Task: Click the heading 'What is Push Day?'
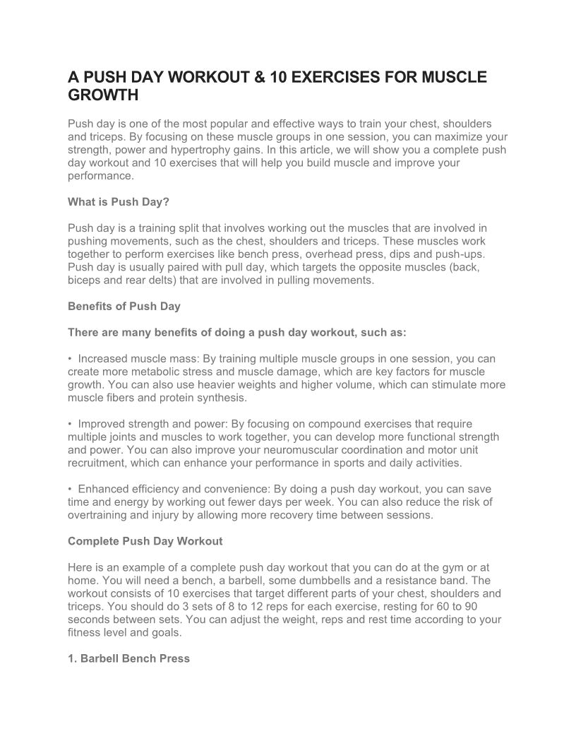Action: [x=119, y=202]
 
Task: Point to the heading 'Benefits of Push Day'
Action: [x=124, y=307]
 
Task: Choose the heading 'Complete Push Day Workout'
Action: [x=145, y=541]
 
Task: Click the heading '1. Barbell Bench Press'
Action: [x=128, y=658]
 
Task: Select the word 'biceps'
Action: [x=84, y=280]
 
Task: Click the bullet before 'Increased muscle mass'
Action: [x=71, y=359]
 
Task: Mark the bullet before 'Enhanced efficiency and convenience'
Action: [x=71, y=489]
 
